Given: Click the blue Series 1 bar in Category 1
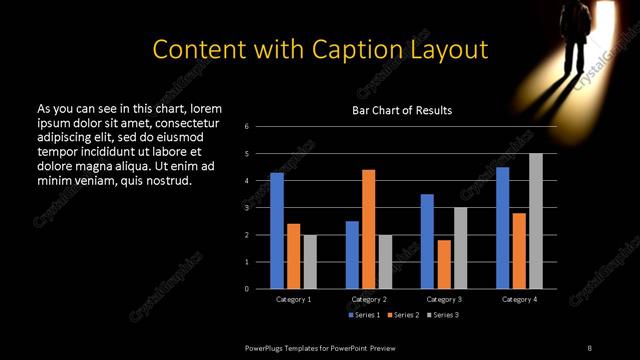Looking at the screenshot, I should tap(277, 231).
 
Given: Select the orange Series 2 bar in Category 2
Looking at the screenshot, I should tap(368, 229).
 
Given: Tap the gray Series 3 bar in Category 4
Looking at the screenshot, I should tap(536, 221).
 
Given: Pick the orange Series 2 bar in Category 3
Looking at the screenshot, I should tap(443, 264).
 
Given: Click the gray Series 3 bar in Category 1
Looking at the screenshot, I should tap(310, 262).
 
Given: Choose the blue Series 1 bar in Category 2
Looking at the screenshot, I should tap(352, 255).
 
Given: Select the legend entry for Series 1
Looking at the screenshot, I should tap(364, 315).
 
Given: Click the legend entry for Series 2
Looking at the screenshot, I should tap(402, 315).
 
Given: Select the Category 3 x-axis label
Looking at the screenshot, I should tap(443, 299).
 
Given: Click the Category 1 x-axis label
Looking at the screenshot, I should tap(293, 299).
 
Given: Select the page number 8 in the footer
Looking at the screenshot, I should tap(589, 347).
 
